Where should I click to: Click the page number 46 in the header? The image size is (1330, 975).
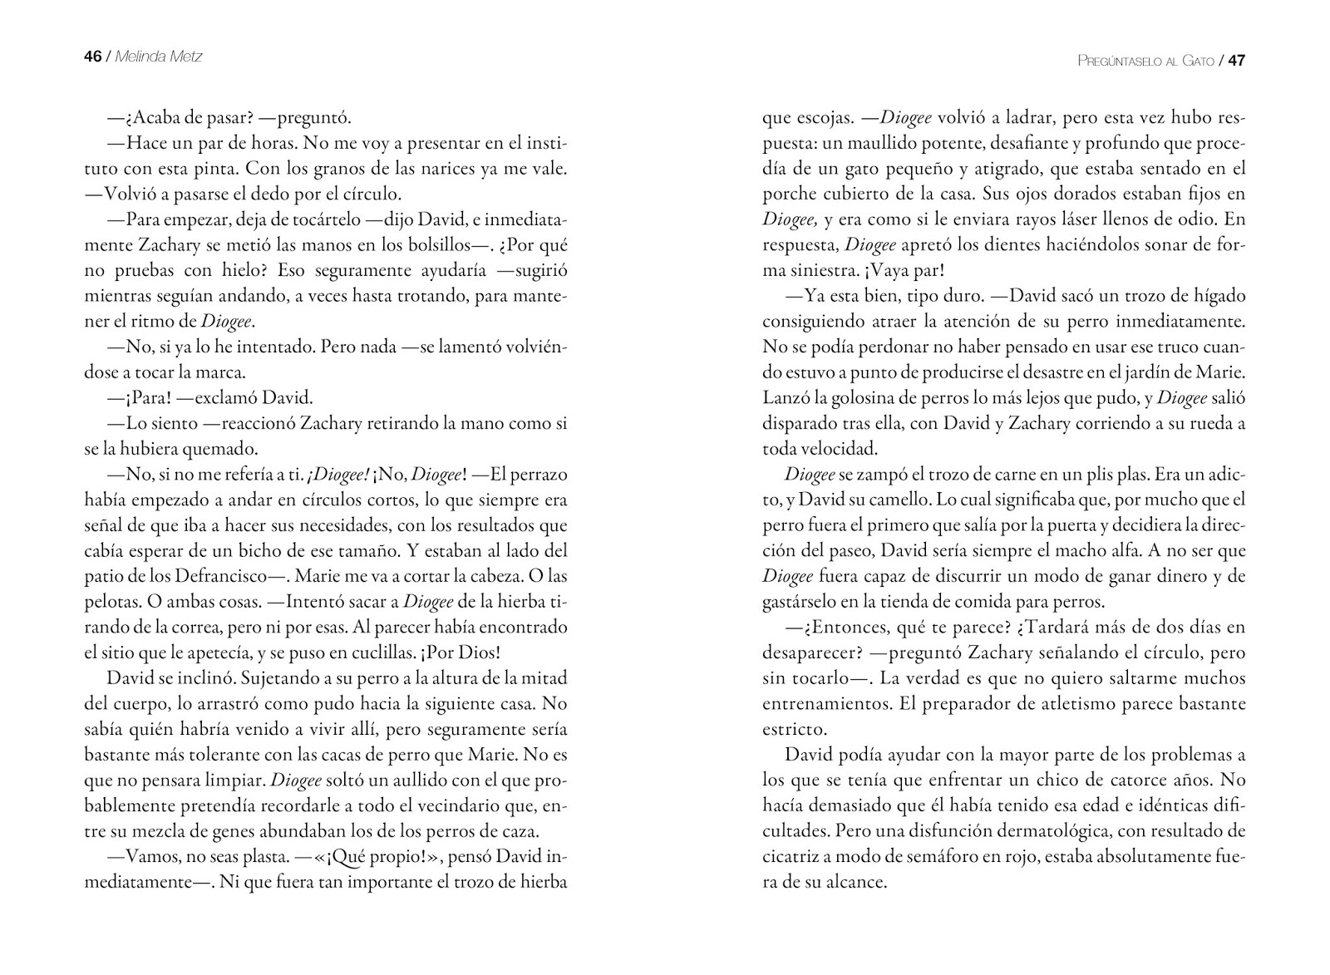(x=92, y=57)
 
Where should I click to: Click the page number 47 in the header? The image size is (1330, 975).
(x=1236, y=61)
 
